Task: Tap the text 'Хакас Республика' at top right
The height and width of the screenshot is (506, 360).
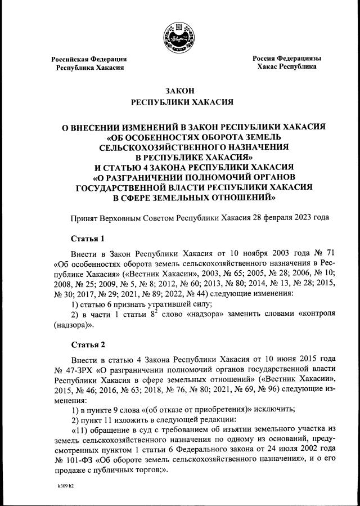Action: (x=286, y=66)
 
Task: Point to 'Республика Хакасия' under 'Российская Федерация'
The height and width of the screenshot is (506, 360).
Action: (x=89, y=68)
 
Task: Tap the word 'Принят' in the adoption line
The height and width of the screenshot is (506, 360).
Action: (x=83, y=217)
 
